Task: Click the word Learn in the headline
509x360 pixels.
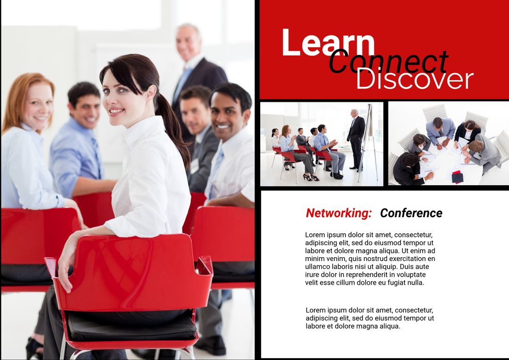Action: (x=328, y=43)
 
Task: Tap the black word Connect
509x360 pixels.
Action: (x=388, y=62)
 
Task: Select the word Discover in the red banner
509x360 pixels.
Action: (x=414, y=79)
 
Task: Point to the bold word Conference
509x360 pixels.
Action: (x=411, y=213)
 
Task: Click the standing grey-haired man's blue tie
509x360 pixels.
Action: (x=182, y=80)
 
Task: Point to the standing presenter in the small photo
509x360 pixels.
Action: (x=355, y=139)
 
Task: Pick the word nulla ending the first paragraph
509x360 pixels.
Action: (x=415, y=283)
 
